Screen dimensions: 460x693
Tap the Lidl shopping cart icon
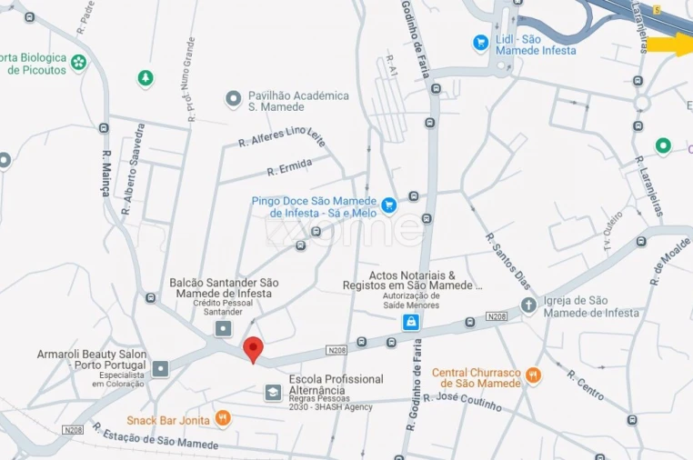click(480, 42)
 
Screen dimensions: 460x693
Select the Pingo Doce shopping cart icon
click(389, 205)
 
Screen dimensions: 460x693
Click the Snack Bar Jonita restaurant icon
click(222, 419)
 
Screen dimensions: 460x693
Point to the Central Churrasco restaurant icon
click(534, 374)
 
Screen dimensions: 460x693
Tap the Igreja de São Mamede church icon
click(528, 305)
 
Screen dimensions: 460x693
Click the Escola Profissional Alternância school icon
click(273, 392)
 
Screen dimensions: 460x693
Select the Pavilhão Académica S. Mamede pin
click(233, 97)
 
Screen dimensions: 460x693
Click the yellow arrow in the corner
click(670, 44)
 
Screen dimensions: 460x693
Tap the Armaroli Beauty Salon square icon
click(161, 368)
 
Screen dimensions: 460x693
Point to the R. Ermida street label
click(289, 167)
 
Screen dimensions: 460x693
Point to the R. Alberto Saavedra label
click(133, 169)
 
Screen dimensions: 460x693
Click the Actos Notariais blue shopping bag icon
click(412, 322)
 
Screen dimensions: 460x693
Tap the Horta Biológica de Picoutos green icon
click(79, 63)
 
